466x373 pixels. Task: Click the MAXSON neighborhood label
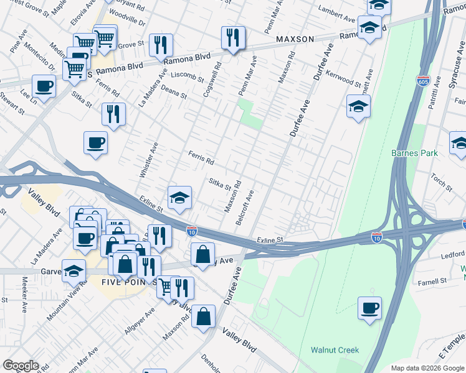[x=295, y=39]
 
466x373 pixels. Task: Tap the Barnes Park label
[x=414, y=153]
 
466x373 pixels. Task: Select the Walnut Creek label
[x=335, y=350]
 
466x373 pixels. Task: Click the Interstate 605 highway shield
[x=422, y=80]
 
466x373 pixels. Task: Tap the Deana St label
[x=174, y=93]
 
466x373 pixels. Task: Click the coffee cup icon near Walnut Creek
[x=369, y=307]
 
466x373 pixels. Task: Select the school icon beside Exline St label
[x=179, y=197]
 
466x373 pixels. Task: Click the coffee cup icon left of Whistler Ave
[x=95, y=142]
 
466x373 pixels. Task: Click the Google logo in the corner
[x=20, y=366]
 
